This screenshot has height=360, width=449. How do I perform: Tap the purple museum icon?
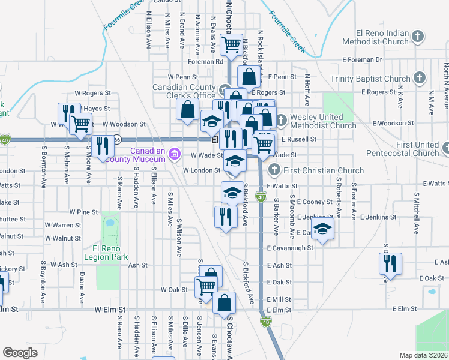(175, 155)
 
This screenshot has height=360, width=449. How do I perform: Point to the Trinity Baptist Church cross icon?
(419, 79)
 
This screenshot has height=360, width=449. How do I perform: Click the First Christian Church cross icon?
(274, 170)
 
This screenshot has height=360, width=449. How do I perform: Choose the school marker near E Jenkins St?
(323, 229)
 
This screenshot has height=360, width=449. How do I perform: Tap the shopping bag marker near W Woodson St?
(187, 109)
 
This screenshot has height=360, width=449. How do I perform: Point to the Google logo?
(20, 353)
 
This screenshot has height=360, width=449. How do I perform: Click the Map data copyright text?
(424, 355)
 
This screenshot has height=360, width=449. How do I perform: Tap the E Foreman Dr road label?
(362, 60)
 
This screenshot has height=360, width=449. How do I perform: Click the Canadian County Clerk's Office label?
(184, 91)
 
